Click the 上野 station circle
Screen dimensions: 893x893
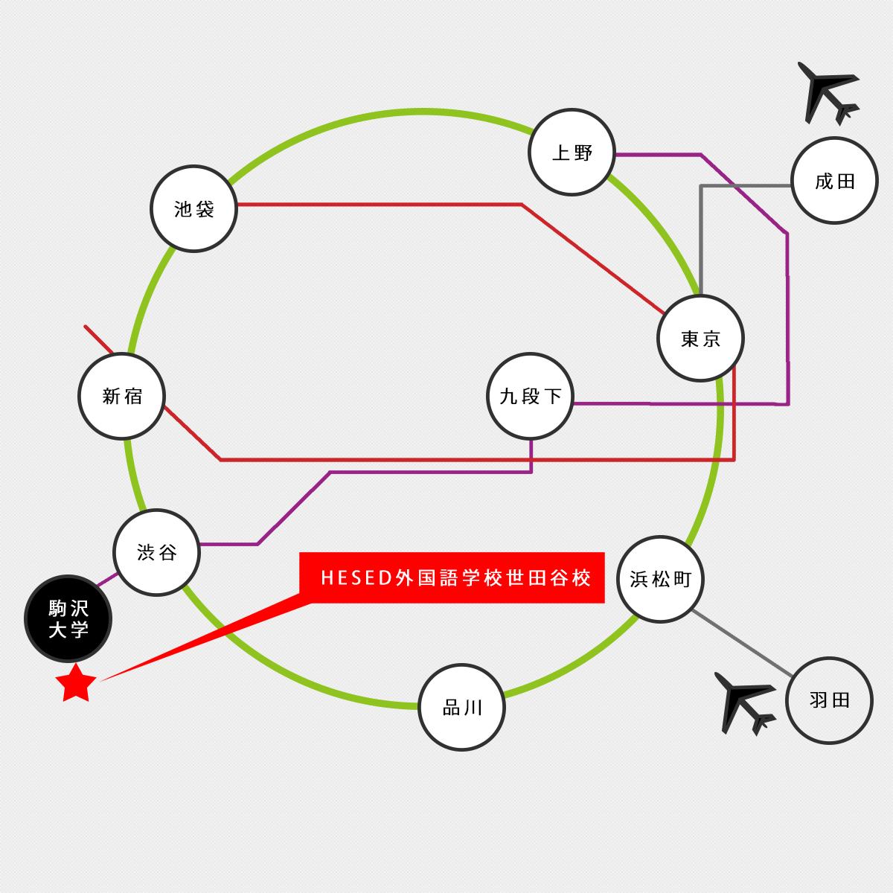[x=572, y=153]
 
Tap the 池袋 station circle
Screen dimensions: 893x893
[x=193, y=208]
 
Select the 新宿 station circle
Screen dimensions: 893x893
[x=122, y=396]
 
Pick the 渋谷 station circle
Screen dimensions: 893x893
[x=156, y=552]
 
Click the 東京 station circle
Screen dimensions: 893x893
[x=701, y=339]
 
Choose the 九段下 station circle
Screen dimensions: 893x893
[x=530, y=396]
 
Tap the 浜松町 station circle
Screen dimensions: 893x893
[x=660, y=579]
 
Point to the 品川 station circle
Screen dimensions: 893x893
[x=461, y=708]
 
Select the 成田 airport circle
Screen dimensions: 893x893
[x=835, y=181]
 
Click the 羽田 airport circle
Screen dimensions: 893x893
[x=830, y=701]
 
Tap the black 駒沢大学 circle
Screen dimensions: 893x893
[x=68, y=618]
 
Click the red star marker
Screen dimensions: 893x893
[x=76, y=684]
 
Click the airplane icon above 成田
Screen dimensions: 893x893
[x=828, y=94]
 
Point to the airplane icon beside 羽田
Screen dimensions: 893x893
[x=745, y=704]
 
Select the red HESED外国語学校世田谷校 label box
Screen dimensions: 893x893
[x=452, y=577]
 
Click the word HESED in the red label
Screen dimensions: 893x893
[x=356, y=578]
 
